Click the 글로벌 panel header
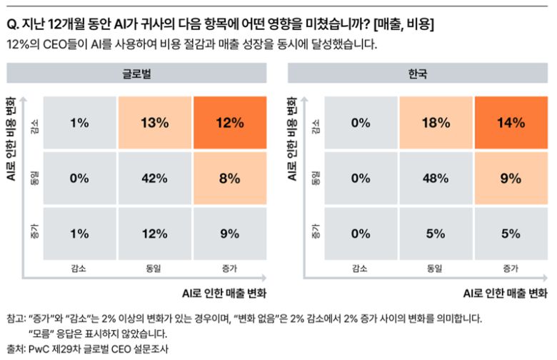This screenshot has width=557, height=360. pos(136,74)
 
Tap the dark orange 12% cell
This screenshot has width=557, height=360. pos(229,122)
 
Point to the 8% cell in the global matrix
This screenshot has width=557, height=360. pos(229,179)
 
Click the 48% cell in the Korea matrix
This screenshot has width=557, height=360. pos(434,179)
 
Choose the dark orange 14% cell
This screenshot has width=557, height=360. pos(511,122)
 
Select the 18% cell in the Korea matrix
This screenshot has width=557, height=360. pos(434,122)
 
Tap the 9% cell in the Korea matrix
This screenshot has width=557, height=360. pos(511,179)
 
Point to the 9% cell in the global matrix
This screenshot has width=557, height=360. pos(229,232)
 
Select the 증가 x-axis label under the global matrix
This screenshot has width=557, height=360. pos(229,269)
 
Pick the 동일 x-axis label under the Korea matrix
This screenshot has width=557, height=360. pos(434,269)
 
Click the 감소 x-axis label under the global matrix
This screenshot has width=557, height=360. pos(79,269)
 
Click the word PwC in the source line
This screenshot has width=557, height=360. pos(38,349)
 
